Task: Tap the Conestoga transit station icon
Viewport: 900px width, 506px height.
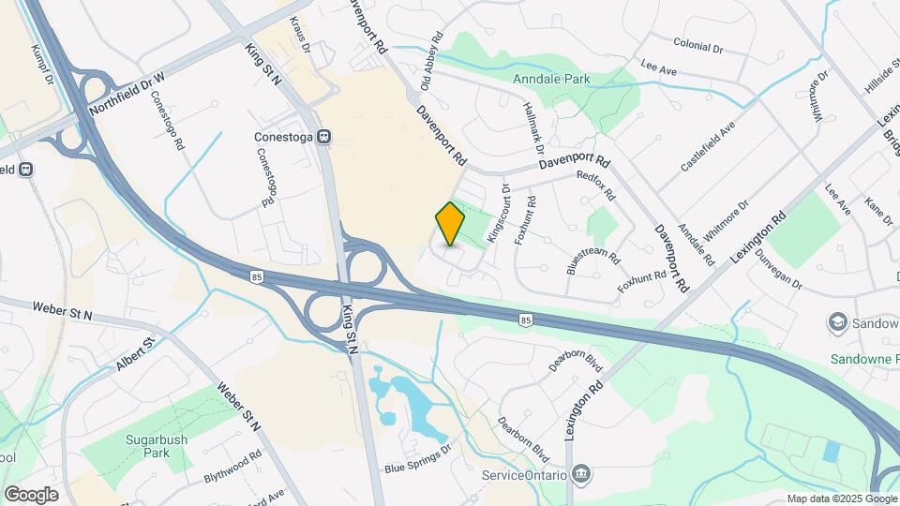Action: [324, 136]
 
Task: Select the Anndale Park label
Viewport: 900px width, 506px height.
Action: [551, 79]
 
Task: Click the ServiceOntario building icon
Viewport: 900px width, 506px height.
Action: [581, 474]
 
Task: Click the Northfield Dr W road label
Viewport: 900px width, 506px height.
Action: [127, 93]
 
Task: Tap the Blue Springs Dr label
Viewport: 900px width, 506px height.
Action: [417, 467]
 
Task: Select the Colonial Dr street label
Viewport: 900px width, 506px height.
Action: [698, 45]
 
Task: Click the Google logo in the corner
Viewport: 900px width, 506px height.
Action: [31, 494]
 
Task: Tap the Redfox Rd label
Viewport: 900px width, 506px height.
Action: [595, 186]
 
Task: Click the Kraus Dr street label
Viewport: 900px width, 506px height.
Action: [299, 31]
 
